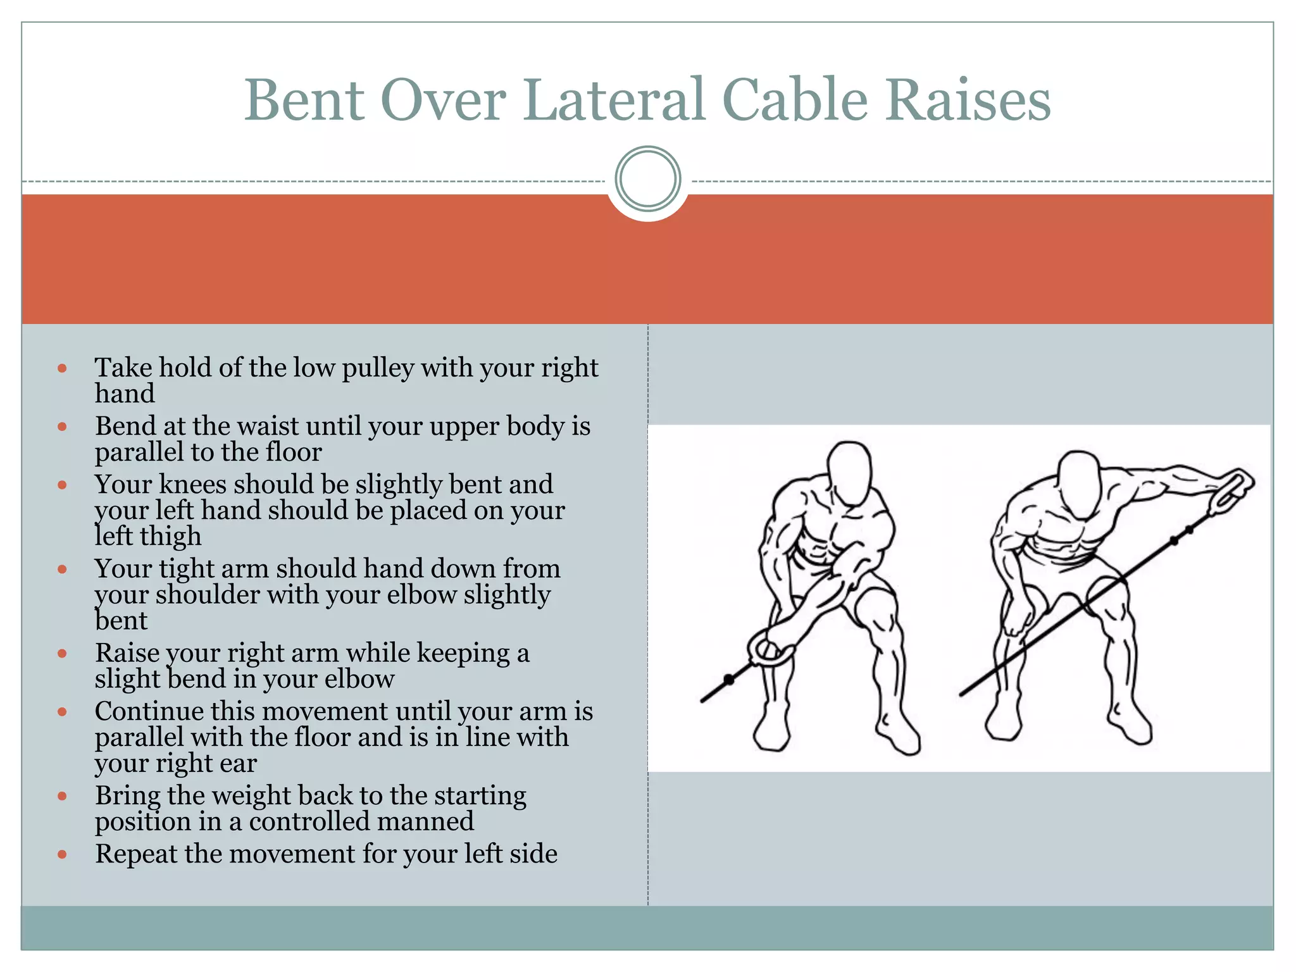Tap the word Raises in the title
(968, 100)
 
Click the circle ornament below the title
(647, 178)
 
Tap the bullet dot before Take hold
(62, 368)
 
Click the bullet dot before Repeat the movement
(62, 854)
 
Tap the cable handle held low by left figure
(770, 649)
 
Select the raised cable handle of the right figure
(1231, 489)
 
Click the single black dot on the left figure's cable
(728, 680)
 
